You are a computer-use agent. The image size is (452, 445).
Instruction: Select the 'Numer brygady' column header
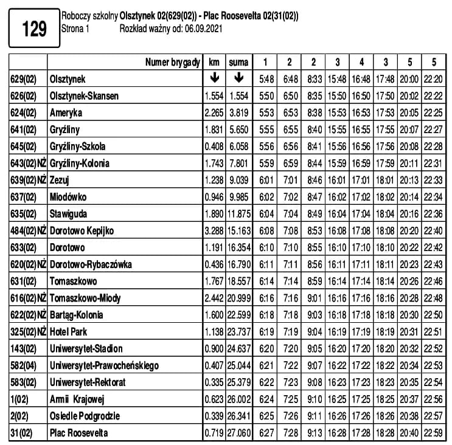(x=173, y=62)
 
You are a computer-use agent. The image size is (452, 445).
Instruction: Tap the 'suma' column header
(x=238, y=62)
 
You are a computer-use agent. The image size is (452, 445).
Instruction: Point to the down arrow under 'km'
(x=214, y=78)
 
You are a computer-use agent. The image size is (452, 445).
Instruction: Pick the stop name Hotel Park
(x=71, y=332)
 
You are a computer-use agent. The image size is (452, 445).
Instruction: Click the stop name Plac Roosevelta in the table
(x=80, y=433)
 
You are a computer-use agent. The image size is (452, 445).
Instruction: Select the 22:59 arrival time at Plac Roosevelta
(x=433, y=433)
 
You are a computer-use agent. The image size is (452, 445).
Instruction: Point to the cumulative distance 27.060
(x=238, y=433)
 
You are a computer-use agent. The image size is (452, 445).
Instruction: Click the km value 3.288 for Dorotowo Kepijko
(x=214, y=231)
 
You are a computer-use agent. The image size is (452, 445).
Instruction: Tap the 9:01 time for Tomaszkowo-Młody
(x=313, y=298)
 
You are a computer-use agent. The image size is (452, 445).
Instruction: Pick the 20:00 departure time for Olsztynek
(x=409, y=79)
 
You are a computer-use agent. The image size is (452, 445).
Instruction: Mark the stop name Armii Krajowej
(x=77, y=399)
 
